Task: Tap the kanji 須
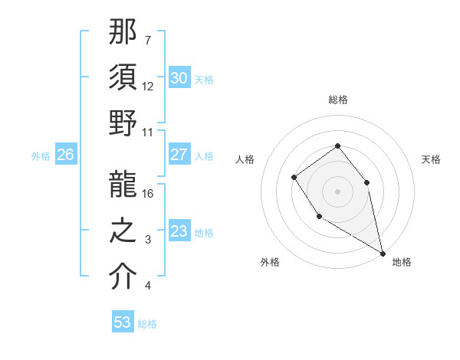coord(123,78)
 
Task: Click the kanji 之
coord(123,231)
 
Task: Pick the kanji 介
coord(123,277)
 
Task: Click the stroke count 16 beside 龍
coord(149,193)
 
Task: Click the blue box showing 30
coord(179,78)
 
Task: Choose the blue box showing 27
coord(179,155)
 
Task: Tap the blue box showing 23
coord(179,231)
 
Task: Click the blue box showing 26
coord(65,155)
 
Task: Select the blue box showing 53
coord(123,322)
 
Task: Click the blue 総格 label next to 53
coord(147,324)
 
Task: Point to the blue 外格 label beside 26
coord(41,156)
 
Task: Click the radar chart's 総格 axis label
coord(337,100)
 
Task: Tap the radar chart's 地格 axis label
coord(402,262)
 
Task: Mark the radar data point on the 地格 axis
coord(383,253)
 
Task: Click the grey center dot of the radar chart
coord(337,191)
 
